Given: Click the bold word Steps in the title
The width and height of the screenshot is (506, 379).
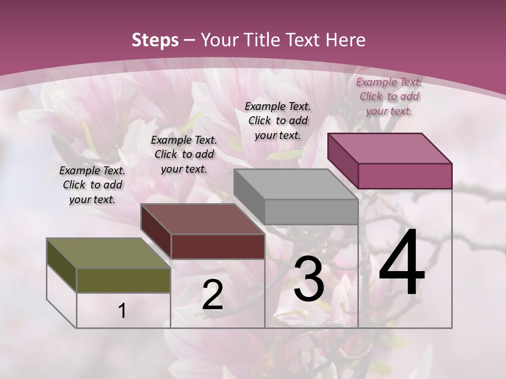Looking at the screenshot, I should coord(155,40).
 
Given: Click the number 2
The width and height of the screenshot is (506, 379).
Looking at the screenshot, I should coord(212,295).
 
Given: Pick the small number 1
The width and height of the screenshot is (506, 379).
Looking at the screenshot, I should coord(122,311).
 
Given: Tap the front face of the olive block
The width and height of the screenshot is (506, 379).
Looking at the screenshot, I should coord(123,280).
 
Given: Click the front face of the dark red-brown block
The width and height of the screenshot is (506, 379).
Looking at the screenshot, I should coord(218,246).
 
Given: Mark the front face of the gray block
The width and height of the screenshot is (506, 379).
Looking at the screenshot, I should coord(311,212).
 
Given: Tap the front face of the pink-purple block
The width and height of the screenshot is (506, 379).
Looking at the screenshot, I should coord(405,176).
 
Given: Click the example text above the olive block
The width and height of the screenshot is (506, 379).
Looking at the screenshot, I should coord(92,185).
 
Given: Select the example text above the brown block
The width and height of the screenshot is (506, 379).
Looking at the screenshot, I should coord(184,154).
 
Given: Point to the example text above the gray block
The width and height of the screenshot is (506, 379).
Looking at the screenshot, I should coord(278,121).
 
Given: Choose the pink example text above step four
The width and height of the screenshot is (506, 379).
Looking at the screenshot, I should coord(389,96).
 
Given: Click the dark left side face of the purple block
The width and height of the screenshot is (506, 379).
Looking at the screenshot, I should coord(343,161).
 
